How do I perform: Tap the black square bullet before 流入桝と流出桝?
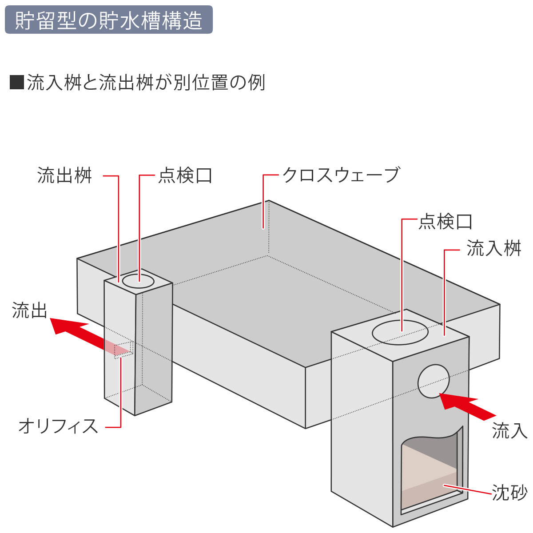click(x=16, y=82)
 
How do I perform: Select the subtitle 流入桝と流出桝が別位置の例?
click(x=146, y=82)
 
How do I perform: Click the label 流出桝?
click(x=64, y=175)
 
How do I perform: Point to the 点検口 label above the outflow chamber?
click(x=185, y=175)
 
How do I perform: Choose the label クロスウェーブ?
click(x=341, y=175)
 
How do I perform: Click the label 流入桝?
click(x=494, y=248)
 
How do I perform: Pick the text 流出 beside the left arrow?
click(x=30, y=310)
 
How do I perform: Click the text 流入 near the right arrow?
click(x=510, y=431)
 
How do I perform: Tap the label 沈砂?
click(x=510, y=493)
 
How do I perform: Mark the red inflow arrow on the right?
click(x=467, y=406)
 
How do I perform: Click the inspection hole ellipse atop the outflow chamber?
click(x=138, y=281)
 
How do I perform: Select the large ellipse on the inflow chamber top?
click(x=400, y=332)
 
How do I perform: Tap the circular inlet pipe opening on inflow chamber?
click(x=434, y=381)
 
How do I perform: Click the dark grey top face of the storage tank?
click(x=277, y=277)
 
